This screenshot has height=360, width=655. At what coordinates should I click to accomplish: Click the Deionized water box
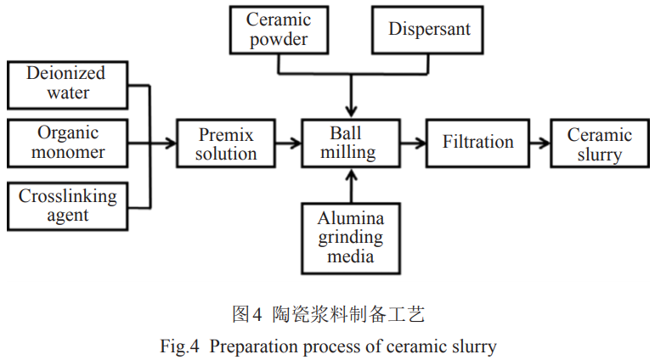coord(66,82)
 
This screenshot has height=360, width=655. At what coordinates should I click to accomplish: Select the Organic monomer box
coord(66,143)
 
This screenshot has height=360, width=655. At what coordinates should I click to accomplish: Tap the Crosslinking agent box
coord(66,205)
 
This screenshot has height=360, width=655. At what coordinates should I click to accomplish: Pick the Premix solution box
coord(226,143)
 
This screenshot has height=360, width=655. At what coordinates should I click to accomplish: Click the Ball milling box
coord(349,143)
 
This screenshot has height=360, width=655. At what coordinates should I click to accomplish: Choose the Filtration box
coord(478,143)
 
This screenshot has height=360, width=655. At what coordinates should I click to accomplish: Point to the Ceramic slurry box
coord(599,143)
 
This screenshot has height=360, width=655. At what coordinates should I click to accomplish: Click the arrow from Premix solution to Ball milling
coord(290,143)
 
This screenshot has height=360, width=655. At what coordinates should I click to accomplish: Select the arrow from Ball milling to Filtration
coord(412,143)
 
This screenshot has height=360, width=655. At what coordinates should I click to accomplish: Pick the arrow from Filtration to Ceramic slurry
coord(538,143)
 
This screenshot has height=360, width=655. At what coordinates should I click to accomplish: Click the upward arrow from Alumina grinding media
coord(350,187)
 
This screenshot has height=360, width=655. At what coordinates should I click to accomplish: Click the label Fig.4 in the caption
coord(177,346)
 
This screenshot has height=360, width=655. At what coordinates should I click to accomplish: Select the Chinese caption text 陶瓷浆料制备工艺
coord(348,315)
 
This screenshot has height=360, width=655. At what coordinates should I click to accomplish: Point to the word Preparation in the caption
coord(250,346)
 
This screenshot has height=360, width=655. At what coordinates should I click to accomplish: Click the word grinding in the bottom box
coord(350,237)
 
